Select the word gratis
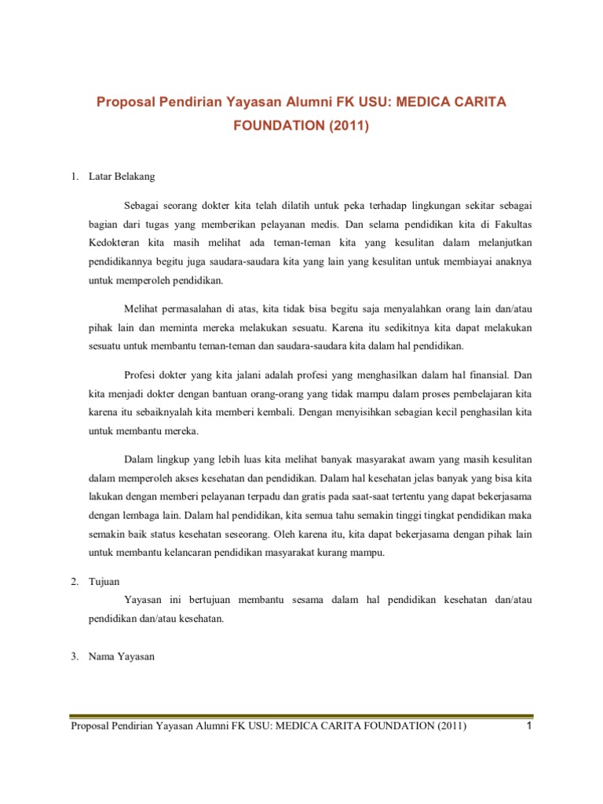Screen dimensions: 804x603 (x=326, y=497)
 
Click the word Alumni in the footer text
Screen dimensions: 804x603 (x=206, y=728)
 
